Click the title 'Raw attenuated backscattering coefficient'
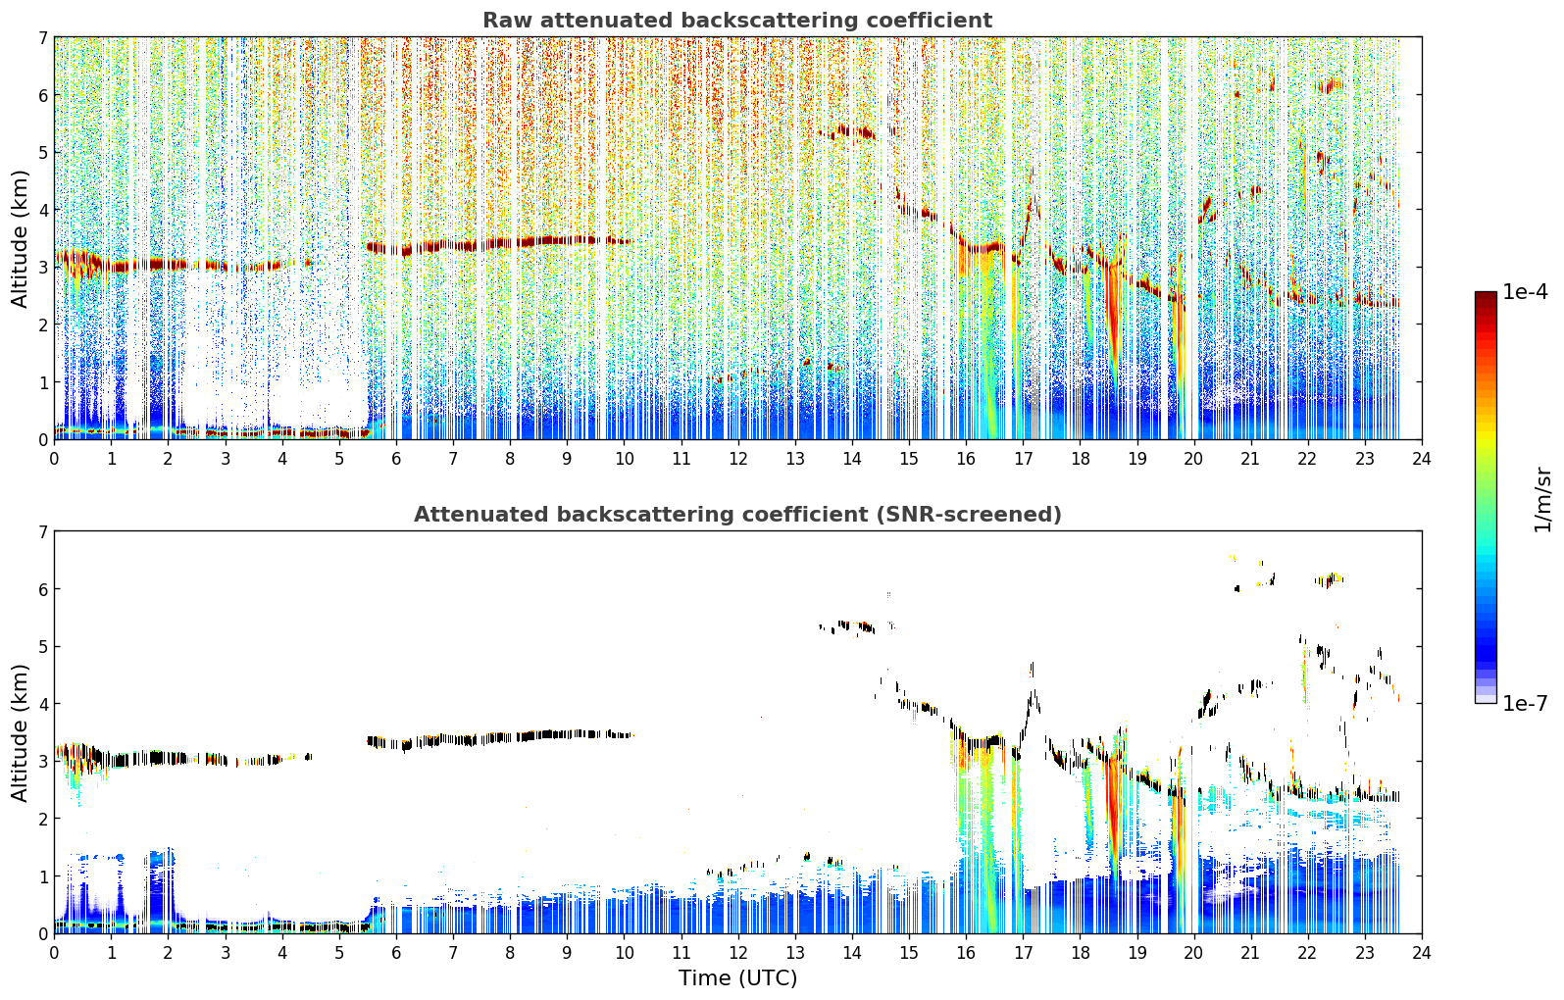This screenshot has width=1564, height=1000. click(x=737, y=21)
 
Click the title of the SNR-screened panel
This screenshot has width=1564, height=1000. click(x=737, y=515)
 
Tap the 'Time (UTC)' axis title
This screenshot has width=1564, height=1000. click(x=737, y=977)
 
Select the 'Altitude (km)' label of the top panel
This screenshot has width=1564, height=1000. click(x=20, y=239)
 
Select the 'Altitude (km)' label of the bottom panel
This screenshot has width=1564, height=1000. click(x=20, y=732)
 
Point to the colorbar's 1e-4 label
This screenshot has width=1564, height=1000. click(x=1526, y=292)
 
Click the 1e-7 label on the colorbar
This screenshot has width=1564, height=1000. click(x=1526, y=703)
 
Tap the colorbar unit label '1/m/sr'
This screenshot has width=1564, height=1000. click(x=1543, y=501)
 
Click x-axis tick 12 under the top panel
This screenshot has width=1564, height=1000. click(x=738, y=459)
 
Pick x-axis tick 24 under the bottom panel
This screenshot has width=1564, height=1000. click(x=1422, y=953)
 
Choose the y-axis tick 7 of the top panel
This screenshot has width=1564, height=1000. click(x=42, y=37)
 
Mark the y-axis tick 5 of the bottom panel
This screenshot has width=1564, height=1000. click(x=42, y=647)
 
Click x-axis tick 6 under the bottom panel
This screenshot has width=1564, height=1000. click(x=396, y=953)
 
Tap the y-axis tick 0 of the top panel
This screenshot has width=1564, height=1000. click(x=42, y=440)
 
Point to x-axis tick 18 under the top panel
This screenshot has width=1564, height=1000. click(x=1081, y=459)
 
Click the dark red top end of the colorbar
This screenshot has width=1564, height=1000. click(x=1486, y=295)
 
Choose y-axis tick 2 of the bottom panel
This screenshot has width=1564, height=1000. click(x=42, y=819)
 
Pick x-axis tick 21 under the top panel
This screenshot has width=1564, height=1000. click(x=1250, y=459)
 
